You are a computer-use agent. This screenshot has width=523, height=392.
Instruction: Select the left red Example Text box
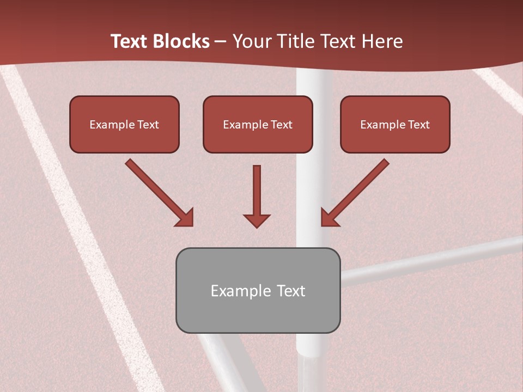[124, 124]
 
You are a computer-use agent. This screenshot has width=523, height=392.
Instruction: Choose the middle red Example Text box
[258, 124]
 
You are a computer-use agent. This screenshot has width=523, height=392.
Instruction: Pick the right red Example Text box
[395, 124]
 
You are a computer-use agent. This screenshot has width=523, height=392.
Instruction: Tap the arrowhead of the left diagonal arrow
[186, 218]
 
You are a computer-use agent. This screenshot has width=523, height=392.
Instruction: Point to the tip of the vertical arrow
[257, 226]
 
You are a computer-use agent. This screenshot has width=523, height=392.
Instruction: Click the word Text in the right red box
[418, 125]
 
